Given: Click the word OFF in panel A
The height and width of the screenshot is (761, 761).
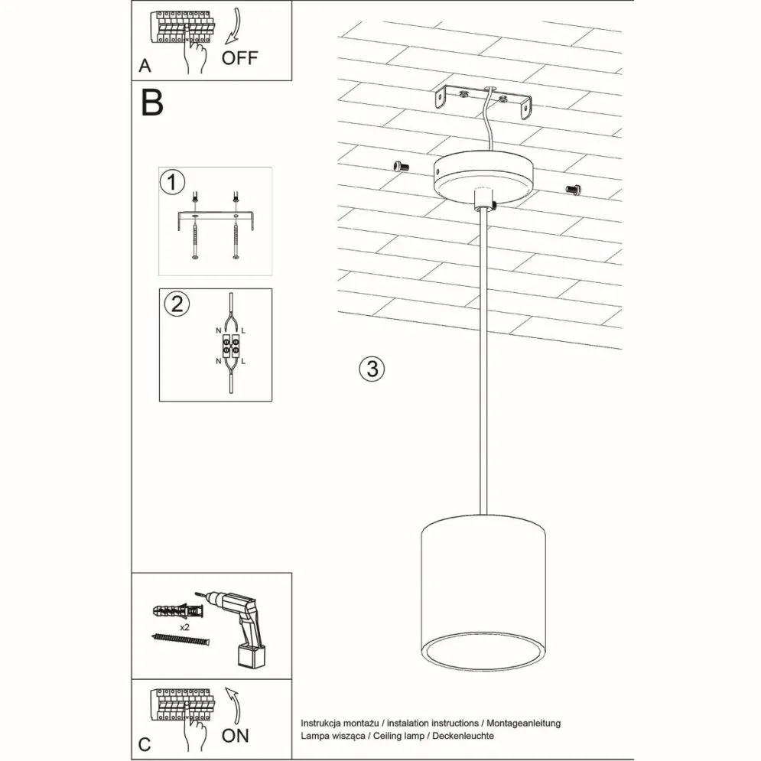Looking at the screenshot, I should [x=240, y=57].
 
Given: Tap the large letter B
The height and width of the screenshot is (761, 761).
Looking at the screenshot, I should [x=152, y=104].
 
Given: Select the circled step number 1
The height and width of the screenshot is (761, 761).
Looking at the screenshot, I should [x=174, y=183].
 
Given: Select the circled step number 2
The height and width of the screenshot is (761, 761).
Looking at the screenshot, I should [x=176, y=304].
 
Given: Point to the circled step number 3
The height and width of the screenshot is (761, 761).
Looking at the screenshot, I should [x=371, y=369].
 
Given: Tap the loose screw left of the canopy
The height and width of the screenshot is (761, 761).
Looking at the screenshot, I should [x=399, y=166].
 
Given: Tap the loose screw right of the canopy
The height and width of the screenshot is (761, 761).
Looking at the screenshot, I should [x=573, y=188].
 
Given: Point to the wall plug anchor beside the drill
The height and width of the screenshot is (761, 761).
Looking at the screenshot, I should [x=175, y=611].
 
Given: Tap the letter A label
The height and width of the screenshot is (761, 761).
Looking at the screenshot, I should [x=145, y=67].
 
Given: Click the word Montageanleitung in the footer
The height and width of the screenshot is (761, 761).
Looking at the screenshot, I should [x=524, y=722].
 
